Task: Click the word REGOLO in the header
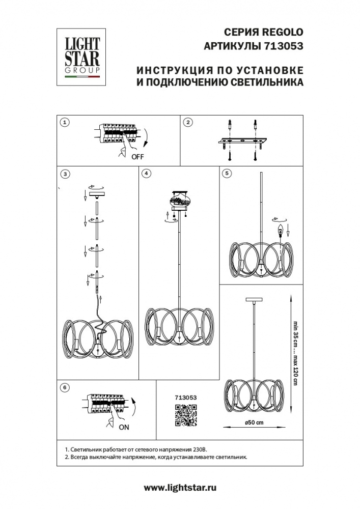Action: (x=281, y=31)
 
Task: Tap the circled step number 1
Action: (x=64, y=122)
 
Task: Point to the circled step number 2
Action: (x=188, y=122)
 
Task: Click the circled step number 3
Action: (x=64, y=174)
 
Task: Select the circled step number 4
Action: (x=147, y=174)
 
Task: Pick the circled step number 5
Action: (x=227, y=174)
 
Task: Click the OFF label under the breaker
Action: (x=138, y=157)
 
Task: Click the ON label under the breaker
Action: (x=124, y=428)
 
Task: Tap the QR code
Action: (x=186, y=415)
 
